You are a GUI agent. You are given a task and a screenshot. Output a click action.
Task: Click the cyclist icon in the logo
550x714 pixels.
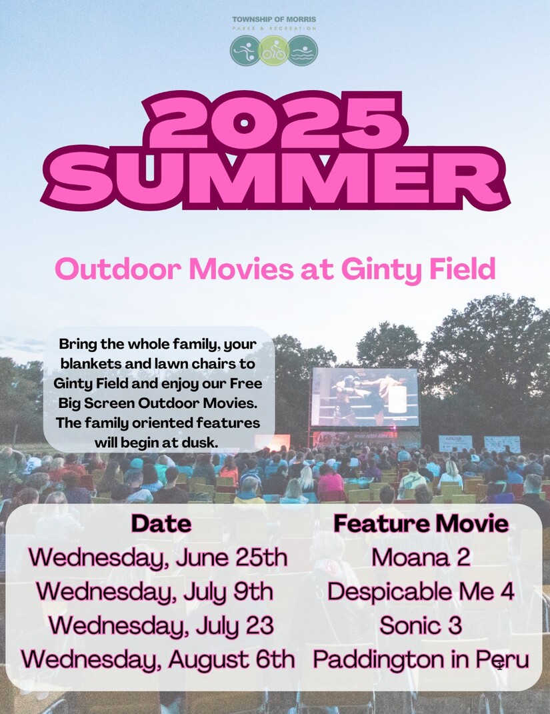(x=274, y=51)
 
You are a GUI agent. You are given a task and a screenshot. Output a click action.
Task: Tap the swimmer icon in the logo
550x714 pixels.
(x=302, y=51)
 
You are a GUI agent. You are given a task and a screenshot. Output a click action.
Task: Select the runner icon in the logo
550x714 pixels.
(x=245, y=51)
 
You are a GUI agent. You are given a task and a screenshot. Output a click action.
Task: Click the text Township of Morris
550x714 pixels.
(x=274, y=19)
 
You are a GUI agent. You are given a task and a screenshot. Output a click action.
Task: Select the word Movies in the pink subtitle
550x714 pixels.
(x=241, y=269)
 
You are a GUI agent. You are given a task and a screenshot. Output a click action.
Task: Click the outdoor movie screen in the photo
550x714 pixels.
(x=365, y=397)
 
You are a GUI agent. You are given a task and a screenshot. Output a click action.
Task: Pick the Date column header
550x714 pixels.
(x=161, y=523)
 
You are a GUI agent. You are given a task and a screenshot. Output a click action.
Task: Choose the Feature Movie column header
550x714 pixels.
(x=421, y=523)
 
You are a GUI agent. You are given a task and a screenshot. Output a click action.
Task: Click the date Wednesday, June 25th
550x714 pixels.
(x=158, y=557)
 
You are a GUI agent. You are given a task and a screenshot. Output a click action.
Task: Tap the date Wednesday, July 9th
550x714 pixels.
(x=155, y=591)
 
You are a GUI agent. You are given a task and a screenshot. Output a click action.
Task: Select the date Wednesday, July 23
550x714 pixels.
(x=161, y=625)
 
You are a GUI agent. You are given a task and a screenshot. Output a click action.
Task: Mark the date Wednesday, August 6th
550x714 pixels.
(x=158, y=659)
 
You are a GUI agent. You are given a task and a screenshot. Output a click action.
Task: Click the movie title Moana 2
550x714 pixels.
(x=421, y=557)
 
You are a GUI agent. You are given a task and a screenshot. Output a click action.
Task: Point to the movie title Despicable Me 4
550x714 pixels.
(x=421, y=591)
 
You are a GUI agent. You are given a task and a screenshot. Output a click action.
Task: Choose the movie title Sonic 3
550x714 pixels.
(x=421, y=625)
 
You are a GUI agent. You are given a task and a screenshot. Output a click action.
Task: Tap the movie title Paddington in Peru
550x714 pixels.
(x=421, y=659)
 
